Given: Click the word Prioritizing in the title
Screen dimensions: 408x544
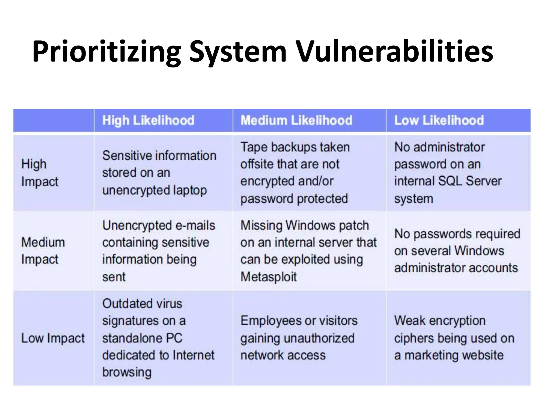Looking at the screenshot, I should [x=106, y=52].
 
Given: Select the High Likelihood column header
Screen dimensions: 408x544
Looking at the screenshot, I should [x=148, y=120].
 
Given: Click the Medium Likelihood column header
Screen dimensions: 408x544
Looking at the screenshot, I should [x=296, y=120].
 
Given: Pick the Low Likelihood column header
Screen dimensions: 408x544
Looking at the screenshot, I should [x=439, y=120].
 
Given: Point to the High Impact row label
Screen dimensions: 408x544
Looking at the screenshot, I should [x=40, y=173].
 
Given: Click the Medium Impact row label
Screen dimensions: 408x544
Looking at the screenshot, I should [x=43, y=251].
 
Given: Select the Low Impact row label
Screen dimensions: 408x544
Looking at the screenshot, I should [x=53, y=338].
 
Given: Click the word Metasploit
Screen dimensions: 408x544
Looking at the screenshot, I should [x=268, y=277].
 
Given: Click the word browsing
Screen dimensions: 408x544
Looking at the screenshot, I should [x=127, y=372].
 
